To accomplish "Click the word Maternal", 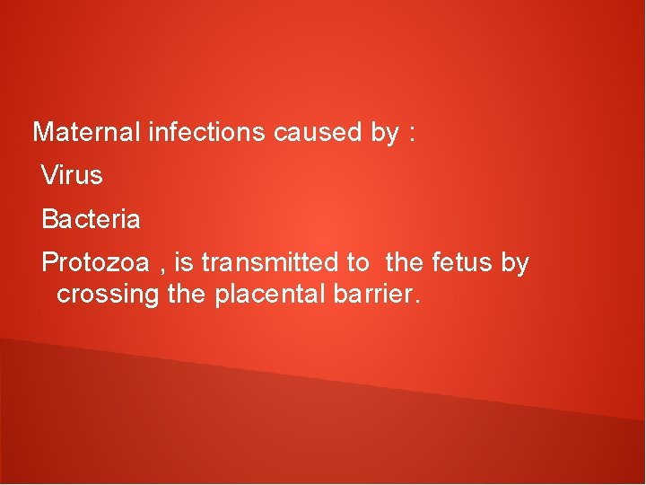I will [x=86, y=133].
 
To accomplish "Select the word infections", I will [x=206, y=133].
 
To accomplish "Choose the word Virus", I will [x=73, y=175].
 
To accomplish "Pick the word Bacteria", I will [x=91, y=218].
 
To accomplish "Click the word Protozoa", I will [x=95, y=263].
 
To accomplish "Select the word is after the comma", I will [x=184, y=263].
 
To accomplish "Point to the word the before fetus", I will [x=406, y=263].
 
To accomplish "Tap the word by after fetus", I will [x=515, y=264].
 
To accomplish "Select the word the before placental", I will [x=188, y=294].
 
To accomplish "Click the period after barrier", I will [x=415, y=300].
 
